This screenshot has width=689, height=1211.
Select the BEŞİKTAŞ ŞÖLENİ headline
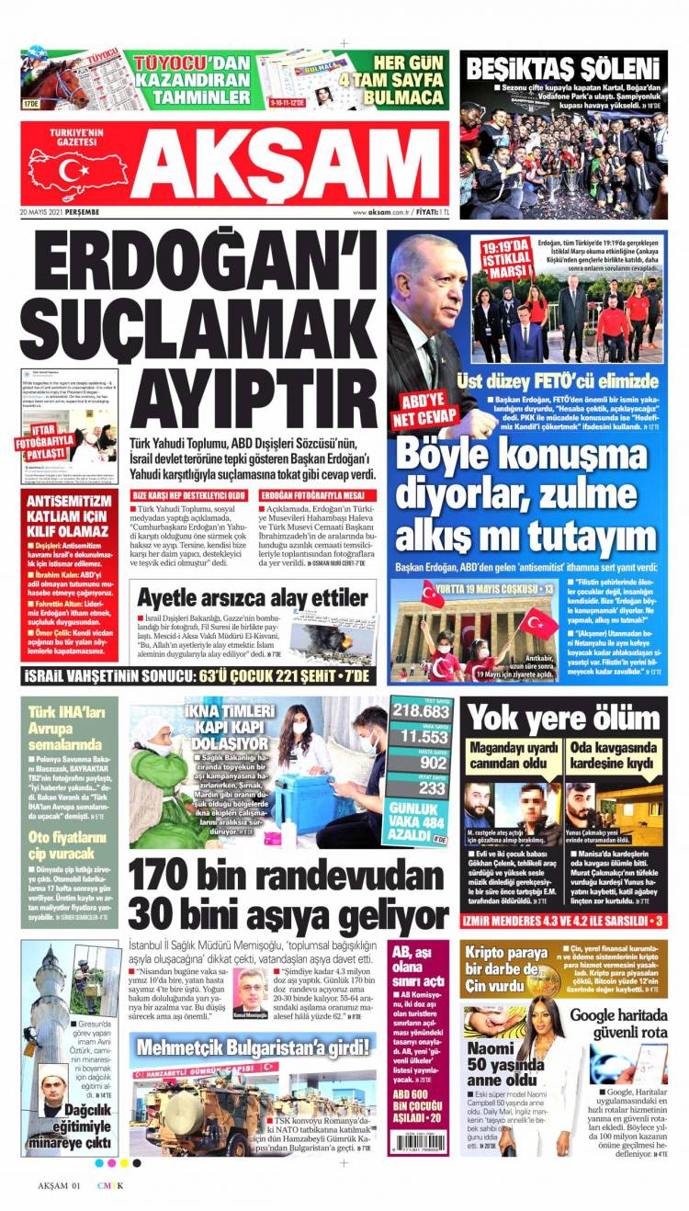pyautogui.click(x=563, y=68)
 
